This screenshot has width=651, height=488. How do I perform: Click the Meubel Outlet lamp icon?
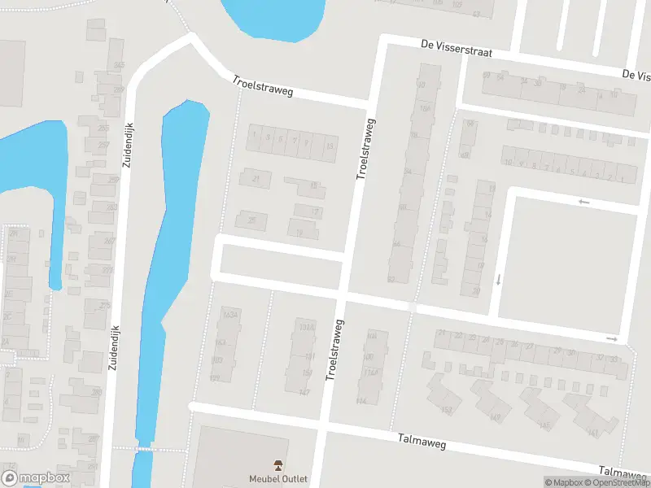(x=278, y=465)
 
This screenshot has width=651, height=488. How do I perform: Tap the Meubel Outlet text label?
(x=278, y=479)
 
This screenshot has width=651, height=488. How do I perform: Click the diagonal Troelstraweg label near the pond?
(x=262, y=85)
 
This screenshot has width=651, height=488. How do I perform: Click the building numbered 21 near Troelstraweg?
(x=256, y=178)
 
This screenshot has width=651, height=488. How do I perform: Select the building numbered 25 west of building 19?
(x=251, y=220)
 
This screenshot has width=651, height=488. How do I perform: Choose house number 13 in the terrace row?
(x=329, y=146)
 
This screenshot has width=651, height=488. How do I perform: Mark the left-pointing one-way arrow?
(x=583, y=202)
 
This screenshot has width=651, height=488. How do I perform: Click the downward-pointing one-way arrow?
(x=498, y=280)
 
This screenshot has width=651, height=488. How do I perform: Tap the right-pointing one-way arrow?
(x=612, y=339)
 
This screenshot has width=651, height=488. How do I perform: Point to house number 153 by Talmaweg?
(x=446, y=409)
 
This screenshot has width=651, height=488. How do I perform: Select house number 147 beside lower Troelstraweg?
(x=304, y=393)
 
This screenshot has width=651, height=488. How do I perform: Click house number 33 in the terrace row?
(x=614, y=359)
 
